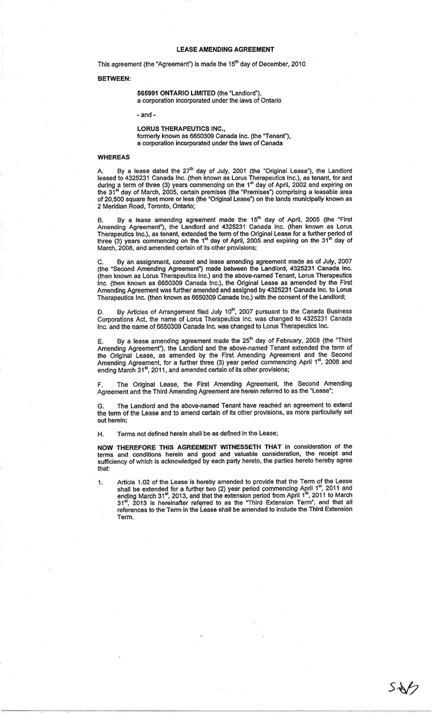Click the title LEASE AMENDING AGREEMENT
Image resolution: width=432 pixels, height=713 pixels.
pos(225,49)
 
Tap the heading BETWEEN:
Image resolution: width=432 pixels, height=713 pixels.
pos(113,78)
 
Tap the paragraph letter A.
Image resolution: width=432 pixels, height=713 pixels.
pos(101,171)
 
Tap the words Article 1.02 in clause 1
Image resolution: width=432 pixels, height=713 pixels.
pos(133,482)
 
